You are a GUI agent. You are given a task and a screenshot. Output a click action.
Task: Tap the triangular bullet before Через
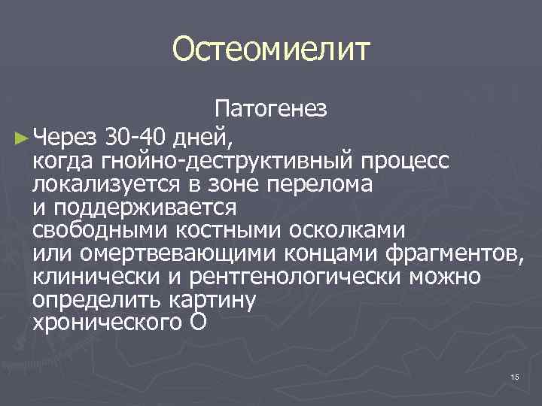pos(20,138)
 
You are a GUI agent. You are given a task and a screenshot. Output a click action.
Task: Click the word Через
pos(66,138)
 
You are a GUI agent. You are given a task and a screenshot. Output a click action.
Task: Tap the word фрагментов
pos(451,253)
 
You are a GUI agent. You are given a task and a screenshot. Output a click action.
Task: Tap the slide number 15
pos(515,377)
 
